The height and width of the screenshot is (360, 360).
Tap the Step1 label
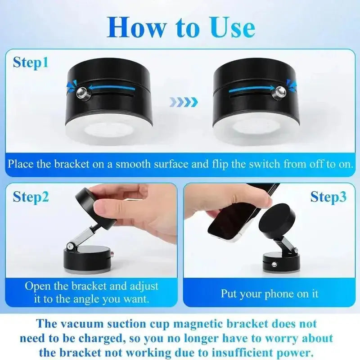click(x=31, y=62)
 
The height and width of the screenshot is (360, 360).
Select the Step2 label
click(x=31, y=196)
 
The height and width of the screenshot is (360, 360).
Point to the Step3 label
click(x=328, y=196)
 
